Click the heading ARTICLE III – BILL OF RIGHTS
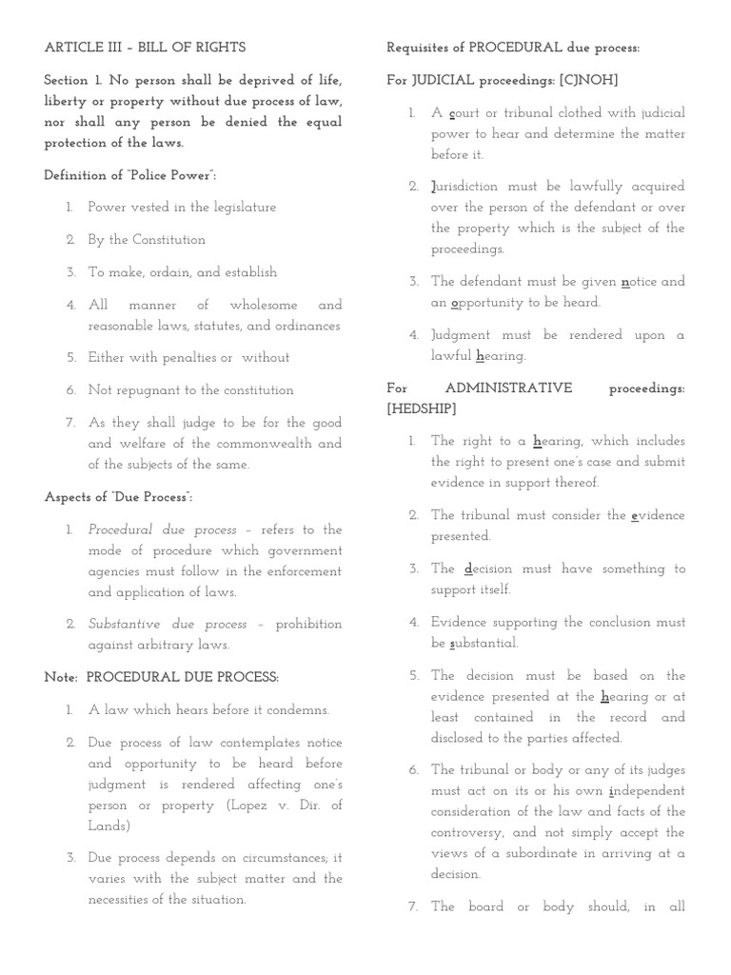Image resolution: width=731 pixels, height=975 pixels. pyautogui.click(x=145, y=48)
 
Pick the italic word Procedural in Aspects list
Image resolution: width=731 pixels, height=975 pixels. pyautogui.click(x=123, y=530)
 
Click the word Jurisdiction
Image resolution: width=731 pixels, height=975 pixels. pyautogui.click(x=464, y=187)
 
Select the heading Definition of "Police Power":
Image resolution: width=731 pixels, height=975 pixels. pyautogui.click(x=130, y=175)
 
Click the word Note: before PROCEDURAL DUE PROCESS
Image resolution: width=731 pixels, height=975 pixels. pyautogui.click(x=61, y=678)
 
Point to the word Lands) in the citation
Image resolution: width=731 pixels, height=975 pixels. pyautogui.click(x=108, y=826)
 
